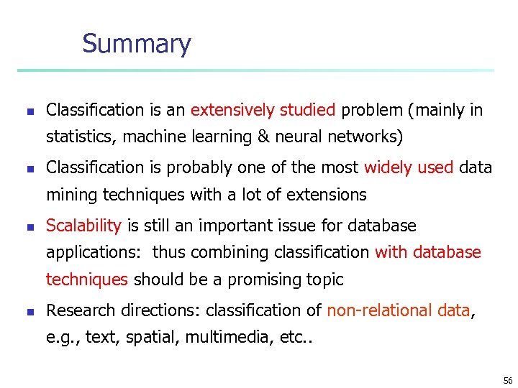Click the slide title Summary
(x=136, y=44)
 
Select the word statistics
(x=77, y=137)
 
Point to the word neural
(x=315, y=137)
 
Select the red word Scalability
(x=83, y=226)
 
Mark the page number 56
(x=508, y=380)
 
